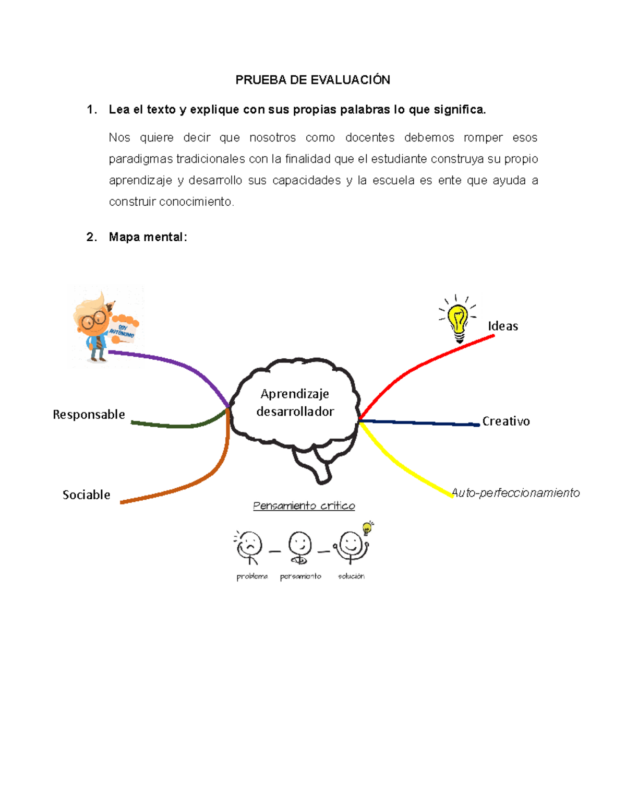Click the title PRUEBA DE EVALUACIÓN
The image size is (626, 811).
click(312, 80)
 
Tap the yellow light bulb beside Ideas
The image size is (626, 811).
click(458, 320)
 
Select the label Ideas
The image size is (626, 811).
click(503, 326)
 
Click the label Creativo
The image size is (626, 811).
click(505, 421)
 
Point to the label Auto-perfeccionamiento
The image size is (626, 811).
click(515, 493)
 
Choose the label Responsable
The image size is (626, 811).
click(89, 415)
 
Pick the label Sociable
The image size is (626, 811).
click(86, 495)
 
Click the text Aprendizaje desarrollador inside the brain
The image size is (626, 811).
click(295, 403)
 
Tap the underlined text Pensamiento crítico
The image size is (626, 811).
click(304, 506)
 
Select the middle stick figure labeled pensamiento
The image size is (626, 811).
click(300, 547)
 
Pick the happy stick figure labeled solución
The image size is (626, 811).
click(351, 546)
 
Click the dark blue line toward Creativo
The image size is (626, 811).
click(417, 422)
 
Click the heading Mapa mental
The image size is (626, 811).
click(147, 237)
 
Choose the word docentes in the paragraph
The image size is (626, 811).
click(369, 138)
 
